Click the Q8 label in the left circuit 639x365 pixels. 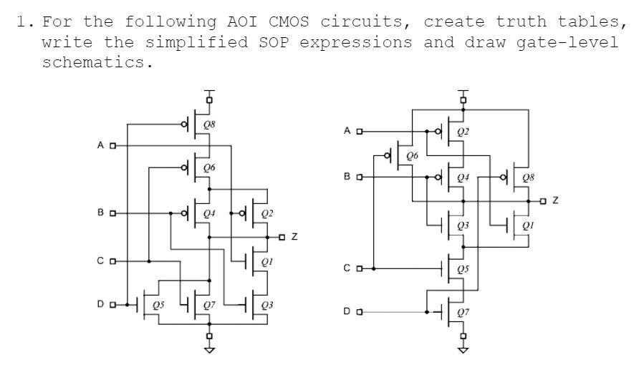pyautogui.click(x=209, y=124)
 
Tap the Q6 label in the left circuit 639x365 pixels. pyautogui.click(x=209, y=168)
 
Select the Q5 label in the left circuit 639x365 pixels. pyautogui.click(x=158, y=306)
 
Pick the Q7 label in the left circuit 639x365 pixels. pyautogui.click(x=209, y=306)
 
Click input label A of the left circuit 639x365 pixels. pyautogui.click(x=102, y=146)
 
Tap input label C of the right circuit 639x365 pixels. pyautogui.click(x=347, y=268)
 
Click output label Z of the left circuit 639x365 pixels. pyautogui.click(x=294, y=236)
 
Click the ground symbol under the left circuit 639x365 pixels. pyautogui.click(x=209, y=351)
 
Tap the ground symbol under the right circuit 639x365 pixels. pyautogui.click(x=463, y=351)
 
